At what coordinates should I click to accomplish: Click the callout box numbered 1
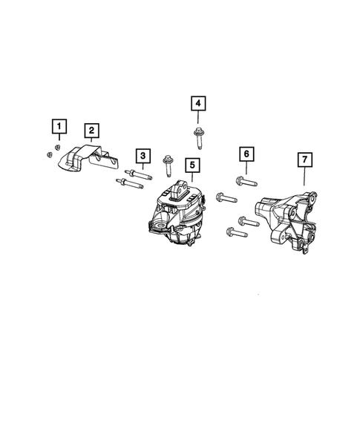[x=58, y=125]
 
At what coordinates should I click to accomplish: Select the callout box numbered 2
[x=91, y=132]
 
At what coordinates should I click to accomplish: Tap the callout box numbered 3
[x=140, y=155]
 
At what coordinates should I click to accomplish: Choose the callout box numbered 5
[x=192, y=164]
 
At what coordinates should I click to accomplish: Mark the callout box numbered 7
[x=303, y=159]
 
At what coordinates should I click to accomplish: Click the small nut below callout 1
[x=48, y=154]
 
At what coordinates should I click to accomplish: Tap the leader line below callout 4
[x=198, y=119]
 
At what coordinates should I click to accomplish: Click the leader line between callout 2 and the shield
[x=91, y=142]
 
